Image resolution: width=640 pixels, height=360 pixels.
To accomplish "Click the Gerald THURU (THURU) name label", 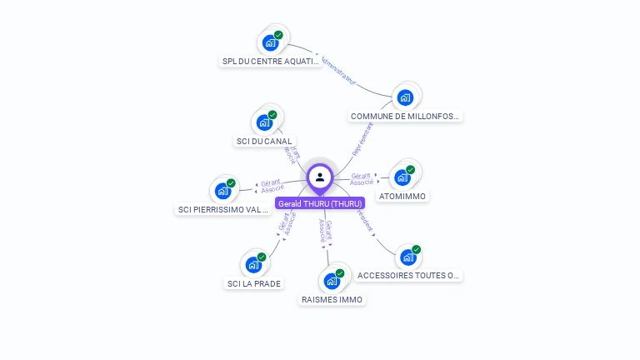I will tap(320, 203).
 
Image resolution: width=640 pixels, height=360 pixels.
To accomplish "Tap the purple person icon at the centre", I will tap(320, 177).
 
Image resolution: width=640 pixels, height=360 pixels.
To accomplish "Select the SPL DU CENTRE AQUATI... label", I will tap(271, 62).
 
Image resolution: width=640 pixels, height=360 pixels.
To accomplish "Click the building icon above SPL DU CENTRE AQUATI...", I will tap(270, 42).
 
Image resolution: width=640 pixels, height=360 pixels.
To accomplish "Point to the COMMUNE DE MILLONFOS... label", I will tap(405, 117).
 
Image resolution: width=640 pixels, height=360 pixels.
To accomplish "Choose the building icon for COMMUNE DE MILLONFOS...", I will tap(405, 97).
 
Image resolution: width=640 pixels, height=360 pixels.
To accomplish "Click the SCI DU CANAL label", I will tap(264, 142).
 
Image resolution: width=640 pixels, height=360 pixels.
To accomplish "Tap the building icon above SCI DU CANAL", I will tap(264, 122).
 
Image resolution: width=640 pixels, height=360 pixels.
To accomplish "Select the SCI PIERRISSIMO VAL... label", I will tap(223, 210).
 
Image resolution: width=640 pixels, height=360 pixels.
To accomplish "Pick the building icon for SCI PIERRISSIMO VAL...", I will tap(222, 191).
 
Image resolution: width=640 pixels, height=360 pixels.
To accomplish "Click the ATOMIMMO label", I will tap(402, 197).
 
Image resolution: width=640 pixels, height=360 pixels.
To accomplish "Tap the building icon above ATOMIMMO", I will tap(402, 177).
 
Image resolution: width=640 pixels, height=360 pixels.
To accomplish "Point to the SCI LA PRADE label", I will tap(254, 283).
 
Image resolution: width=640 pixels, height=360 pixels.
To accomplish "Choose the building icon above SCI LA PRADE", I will tap(253, 265).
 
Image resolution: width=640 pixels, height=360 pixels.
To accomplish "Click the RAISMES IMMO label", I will tap(332, 299).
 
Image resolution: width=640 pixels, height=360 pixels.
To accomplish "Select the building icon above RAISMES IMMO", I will tap(332, 280).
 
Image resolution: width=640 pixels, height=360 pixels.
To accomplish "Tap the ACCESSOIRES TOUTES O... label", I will tap(408, 276).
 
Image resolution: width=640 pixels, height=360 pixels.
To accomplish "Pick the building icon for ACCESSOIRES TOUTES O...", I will tap(408, 257).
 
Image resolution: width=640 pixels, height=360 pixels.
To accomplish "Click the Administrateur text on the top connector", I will tap(338, 72).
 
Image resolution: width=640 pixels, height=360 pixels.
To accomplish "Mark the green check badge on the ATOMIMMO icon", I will tap(410, 169).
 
